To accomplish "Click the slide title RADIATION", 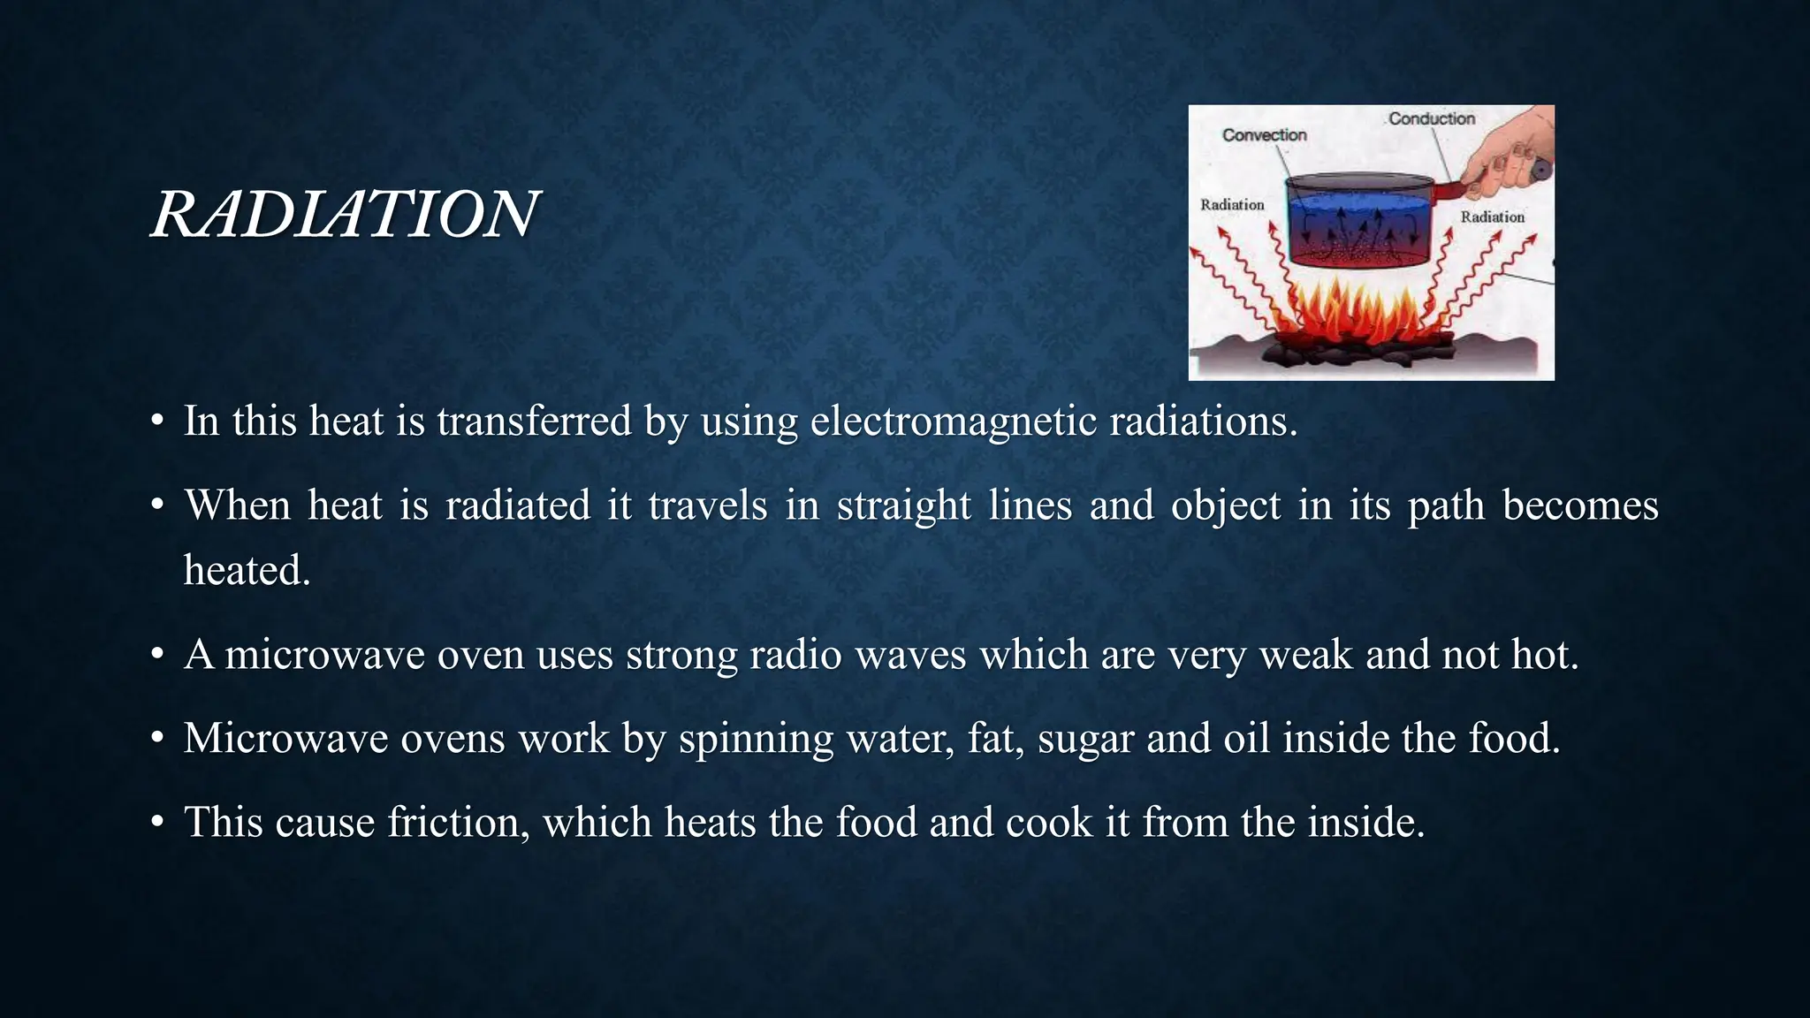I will (x=345, y=215).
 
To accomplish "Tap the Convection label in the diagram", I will (x=1264, y=135).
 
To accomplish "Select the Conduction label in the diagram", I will (x=1431, y=118).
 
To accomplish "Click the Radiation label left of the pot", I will (x=1232, y=205).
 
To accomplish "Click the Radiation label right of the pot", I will (x=1492, y=217).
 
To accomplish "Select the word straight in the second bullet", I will (x=903, y=506).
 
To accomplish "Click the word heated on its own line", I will (x=247, y=571).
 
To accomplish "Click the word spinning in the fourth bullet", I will (x=756, y=740).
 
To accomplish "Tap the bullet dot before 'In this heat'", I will (x=157, y=422).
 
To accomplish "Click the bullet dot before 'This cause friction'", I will (x=157, y=823).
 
